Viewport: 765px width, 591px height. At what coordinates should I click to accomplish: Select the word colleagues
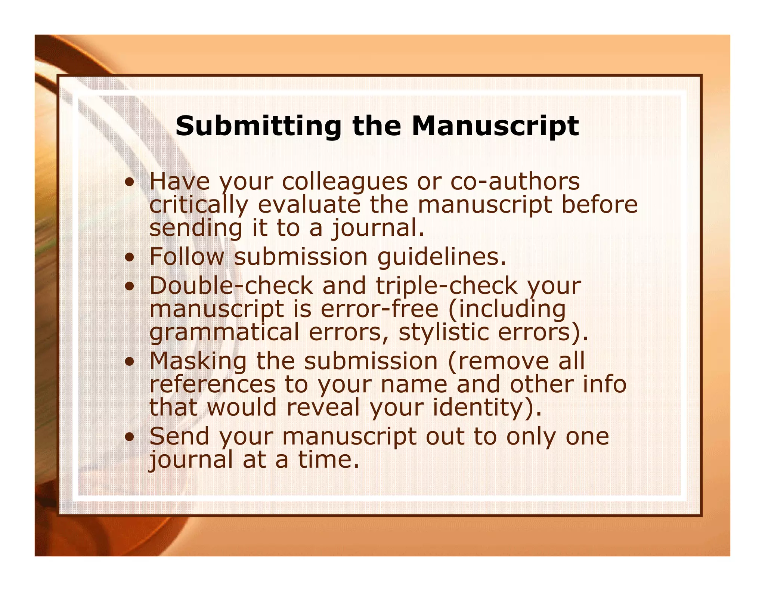[344, 182]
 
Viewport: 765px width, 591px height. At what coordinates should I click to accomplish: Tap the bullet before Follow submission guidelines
[130, 258]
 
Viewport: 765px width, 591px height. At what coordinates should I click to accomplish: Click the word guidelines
[441, 257]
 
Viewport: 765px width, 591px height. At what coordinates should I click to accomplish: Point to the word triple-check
[446, 286]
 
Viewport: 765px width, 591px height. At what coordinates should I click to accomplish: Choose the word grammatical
[224, 332]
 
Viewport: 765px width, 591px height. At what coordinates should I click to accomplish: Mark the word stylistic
[443, 332]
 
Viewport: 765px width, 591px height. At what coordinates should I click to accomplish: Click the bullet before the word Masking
[130, 361]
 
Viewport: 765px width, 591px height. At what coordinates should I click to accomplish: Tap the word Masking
[198, 362]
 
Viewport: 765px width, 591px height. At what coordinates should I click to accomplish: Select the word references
[212, 384]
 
